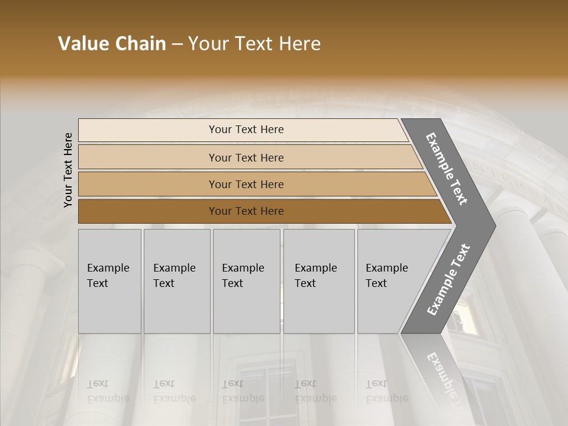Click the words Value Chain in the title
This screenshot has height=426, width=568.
112,44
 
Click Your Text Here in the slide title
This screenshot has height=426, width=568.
254,44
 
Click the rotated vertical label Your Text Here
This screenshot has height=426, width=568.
68,170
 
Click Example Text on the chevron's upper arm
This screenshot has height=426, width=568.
447,168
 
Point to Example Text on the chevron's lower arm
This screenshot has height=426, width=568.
448,279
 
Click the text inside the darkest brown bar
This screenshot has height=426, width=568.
246,211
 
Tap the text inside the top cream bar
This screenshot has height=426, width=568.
246,130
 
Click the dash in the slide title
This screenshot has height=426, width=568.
177,44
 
